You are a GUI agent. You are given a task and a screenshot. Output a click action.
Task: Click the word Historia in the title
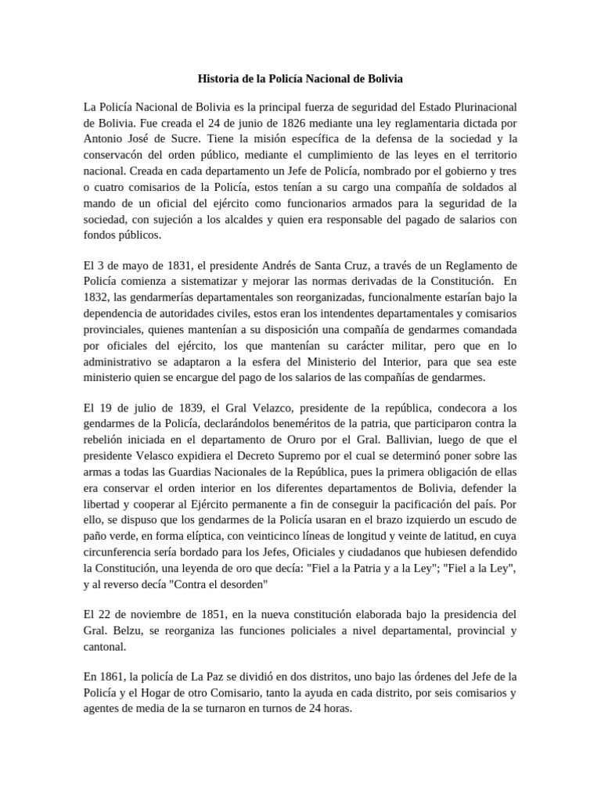(216, 80)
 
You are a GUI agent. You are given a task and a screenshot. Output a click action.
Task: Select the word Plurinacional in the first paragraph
(483, 106)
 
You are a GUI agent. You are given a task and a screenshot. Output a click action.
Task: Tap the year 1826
(268, 123)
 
